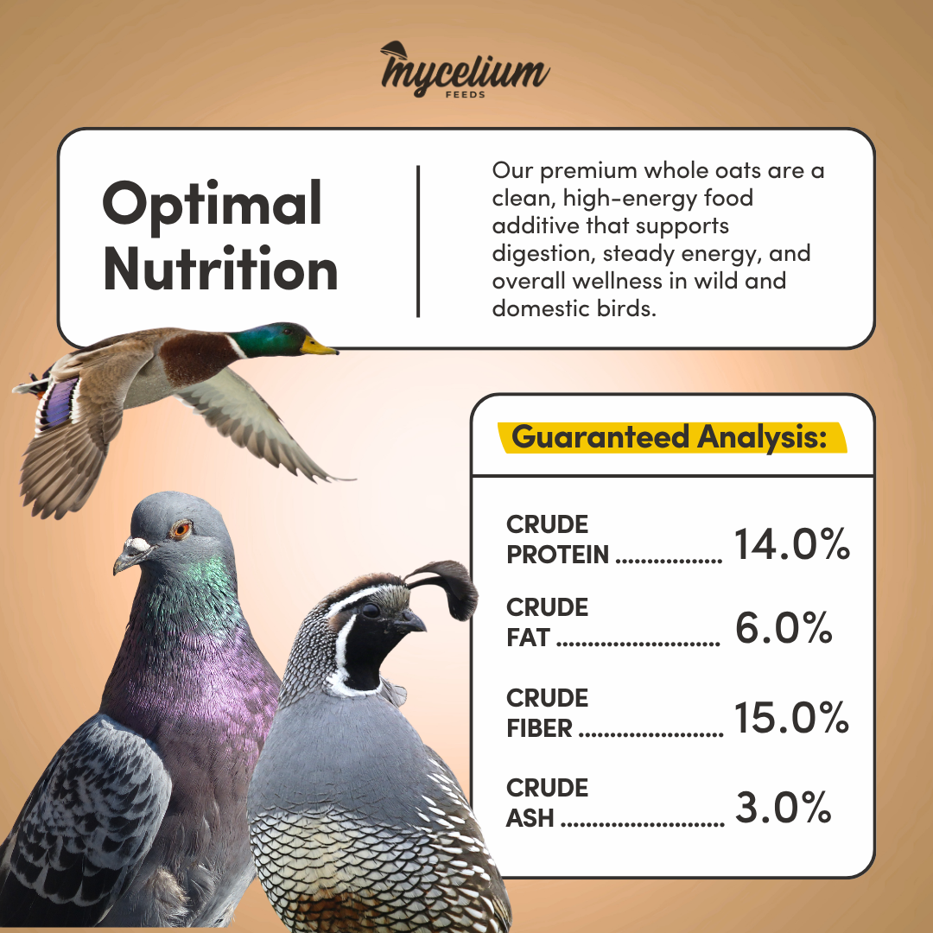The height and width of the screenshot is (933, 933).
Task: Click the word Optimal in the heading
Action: pyautogui.click(x=213, y=205)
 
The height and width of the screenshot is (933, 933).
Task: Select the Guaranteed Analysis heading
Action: pyautogui.click(x=670, y=437)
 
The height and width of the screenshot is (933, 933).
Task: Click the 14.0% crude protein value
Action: pyautogui.click(x=792, y=544)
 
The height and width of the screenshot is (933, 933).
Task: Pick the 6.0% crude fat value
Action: pyautogui.click(x=783, y=628)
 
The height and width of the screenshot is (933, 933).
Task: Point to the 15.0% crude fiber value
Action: pyautogui.click(x=791, y=717)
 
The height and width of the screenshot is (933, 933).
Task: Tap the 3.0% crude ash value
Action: pyautogui.click(x=783, y=807)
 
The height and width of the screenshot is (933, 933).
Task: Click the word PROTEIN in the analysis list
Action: pyautogui.click(x=557, y=555)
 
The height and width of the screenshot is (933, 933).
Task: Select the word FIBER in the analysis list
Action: pyautogui.click(x=539, y=728)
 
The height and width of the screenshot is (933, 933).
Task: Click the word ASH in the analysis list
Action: pyautogui.click(x=530, y=818)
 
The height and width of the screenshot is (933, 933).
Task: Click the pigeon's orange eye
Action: pyautogui.click(x=181, y=529)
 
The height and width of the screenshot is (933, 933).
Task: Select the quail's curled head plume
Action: pyautogui.click(x=447, y=586)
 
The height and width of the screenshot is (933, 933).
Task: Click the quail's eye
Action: pyautogui.click(x=371, y=610)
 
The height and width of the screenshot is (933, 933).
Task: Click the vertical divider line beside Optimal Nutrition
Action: pyautogui.click(x=418, y=241)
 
